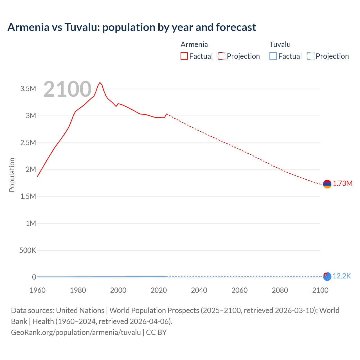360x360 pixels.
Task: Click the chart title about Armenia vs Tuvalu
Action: coord(132,27)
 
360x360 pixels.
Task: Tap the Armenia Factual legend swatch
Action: coord(184,56)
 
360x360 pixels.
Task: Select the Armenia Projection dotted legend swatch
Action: coord(222,56)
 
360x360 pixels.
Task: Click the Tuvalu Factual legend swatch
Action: coord(273,56)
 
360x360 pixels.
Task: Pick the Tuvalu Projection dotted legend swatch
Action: coord(311,56)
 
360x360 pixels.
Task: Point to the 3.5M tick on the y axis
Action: coord(28,89)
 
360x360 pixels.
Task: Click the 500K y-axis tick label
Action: coord(28,250)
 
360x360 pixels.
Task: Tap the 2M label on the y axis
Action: coord(31,169)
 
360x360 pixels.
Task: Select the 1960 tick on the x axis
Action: coord(37,290)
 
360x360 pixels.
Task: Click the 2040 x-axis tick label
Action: coord(199,290)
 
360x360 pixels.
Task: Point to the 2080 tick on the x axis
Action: coord(280,290)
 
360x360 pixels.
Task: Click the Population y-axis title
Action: coord(12,175)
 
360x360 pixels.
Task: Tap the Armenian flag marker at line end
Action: coord(327,184)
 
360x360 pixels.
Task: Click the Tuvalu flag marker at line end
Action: coord(327,276)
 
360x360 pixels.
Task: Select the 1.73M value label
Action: coord(343,184)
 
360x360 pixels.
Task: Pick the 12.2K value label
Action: coord(342,276)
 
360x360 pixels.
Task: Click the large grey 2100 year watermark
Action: coord(67,89)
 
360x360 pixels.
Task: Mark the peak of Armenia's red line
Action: coord(100,82)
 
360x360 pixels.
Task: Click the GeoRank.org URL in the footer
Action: coord(76,332)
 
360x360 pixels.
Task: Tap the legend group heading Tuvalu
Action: coord(280,44)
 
